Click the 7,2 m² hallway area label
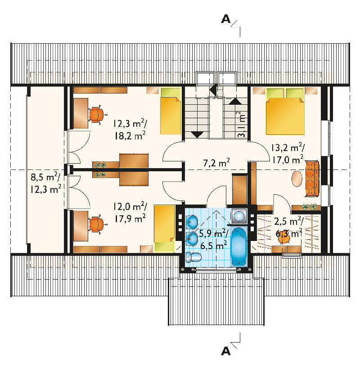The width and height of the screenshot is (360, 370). tap(216, 163)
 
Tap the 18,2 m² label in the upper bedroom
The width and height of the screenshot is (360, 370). tap(130, 136)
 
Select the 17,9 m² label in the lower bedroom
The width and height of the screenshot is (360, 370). tap(130, 218)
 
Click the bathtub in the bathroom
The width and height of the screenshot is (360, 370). tap(238, 246)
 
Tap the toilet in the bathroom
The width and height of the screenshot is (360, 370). tap(193, 257)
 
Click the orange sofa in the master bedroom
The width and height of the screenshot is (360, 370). tap(312, 179)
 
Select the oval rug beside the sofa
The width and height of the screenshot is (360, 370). tap(297, 178)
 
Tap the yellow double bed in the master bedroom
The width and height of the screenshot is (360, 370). tap(285, 111)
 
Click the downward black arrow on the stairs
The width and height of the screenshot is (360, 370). tap(197, 135)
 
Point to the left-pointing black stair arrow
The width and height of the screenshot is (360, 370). tap(213, 89)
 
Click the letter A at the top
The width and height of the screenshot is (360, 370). tap(225, 19)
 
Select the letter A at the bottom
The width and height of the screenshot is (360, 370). tap(225, 352)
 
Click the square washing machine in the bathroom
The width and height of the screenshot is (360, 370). tap(239, 216)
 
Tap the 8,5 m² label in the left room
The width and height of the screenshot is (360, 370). tap(45, 177)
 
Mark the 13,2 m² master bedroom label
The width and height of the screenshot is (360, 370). tap(287, 148)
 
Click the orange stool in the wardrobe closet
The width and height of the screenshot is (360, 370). tap(284, 239)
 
